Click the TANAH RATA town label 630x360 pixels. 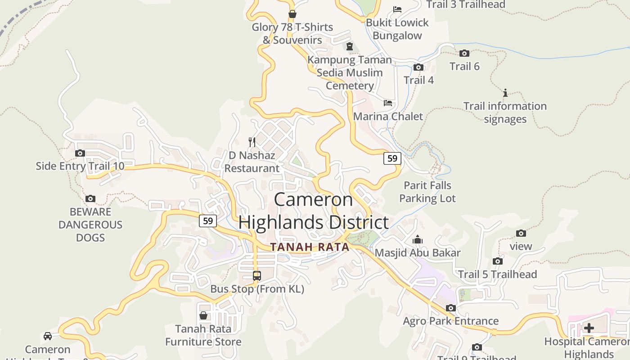click(x=310, y=247)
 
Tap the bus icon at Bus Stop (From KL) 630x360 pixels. click(x=257, y=276)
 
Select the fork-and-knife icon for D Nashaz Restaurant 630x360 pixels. click(x=252, y=142)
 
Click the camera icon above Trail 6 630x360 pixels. click(x=464, y=53)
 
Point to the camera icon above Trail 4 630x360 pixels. click(x=418, y=67)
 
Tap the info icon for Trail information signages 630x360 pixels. click(x=505, y=93)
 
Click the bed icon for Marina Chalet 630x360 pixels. click(x=388, y=103)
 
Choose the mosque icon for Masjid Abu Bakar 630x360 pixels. click(x=418, y=239)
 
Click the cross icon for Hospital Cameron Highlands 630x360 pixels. click(x=589, y=328)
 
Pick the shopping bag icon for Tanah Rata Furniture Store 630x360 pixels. click(x=203, y=315)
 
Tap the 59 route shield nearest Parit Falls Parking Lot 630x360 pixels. click(x=392, y=158)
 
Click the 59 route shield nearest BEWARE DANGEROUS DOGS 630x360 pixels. click(x=207, y=220)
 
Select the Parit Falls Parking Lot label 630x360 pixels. click(x=427, y=192)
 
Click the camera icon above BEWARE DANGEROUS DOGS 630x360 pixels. click(x=90, y=198)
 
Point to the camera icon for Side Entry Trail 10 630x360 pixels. click(x=80, y=153)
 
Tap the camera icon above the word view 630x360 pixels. click(x=521, y=233)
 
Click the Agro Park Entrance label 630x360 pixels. click(x=450, y=321)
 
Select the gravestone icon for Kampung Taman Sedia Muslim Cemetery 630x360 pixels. click(x=350, y=46)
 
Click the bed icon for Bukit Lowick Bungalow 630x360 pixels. click(x=397, y=9)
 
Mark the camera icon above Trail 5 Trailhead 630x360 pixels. click(x=498, y=261)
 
